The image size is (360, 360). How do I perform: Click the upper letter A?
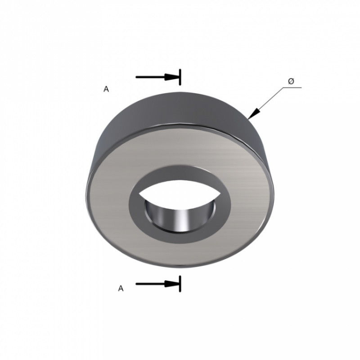(106, 89)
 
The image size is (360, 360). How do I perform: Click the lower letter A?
(121, 288)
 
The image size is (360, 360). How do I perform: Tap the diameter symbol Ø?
(291, 81)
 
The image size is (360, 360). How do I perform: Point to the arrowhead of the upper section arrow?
(172, 77)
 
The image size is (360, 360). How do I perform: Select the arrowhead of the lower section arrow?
(172, 284)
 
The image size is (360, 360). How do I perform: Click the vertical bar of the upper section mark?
(180, 77)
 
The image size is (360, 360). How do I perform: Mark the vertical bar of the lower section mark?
(180, 284)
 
